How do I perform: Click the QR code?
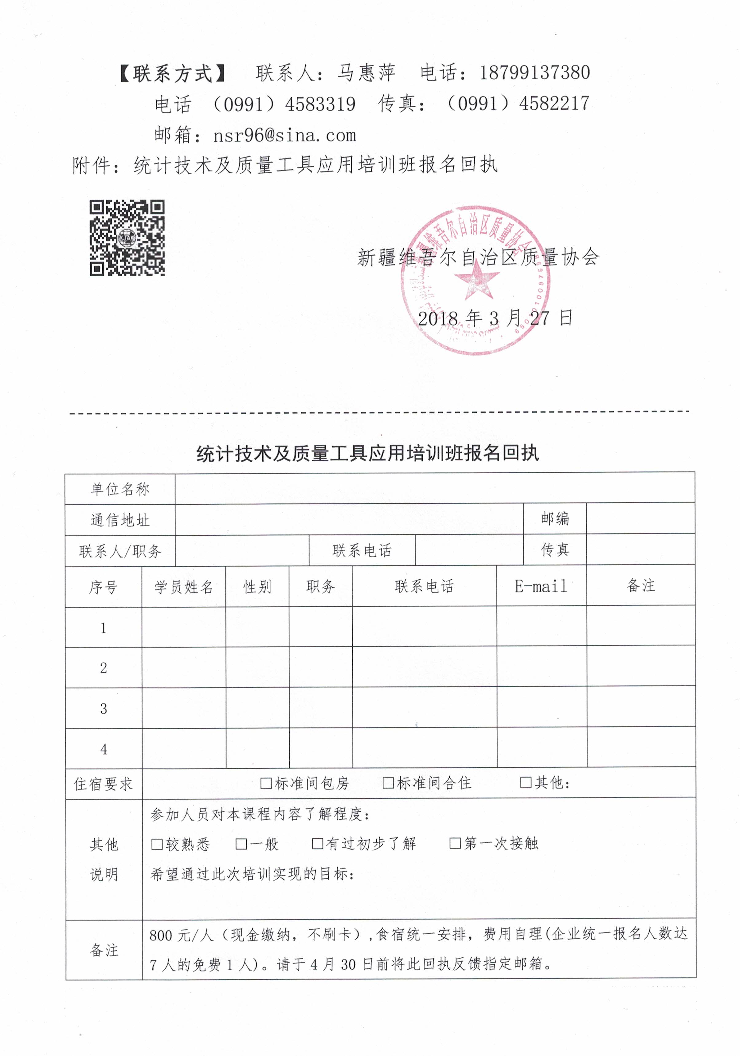(127, 238)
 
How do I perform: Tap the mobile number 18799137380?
(534, 73)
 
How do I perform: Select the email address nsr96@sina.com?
(284, 135)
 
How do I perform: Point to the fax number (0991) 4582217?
(518, 104)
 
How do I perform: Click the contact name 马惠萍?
(366, 73)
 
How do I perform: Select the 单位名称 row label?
(120, 489)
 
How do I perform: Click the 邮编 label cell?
(554, 518)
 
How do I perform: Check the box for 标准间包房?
(266, 783)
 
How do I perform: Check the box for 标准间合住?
(388, 782)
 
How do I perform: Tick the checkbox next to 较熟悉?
(157, 844)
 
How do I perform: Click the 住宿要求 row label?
(104, 784)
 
